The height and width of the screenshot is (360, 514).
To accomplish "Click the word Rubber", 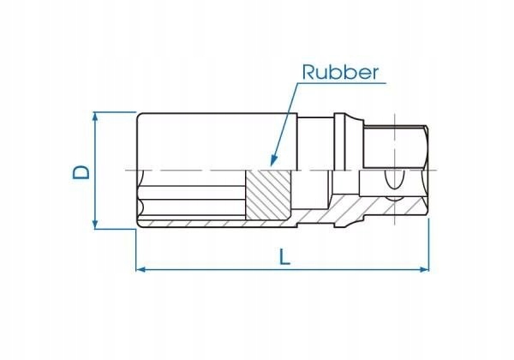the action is click(x=340, y=72).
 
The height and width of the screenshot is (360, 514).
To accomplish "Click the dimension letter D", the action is click(x=81, y=171).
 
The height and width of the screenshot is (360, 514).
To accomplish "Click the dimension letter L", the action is click(x=284, y=257).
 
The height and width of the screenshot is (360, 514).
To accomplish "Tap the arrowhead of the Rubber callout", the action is click(x=273, y=160).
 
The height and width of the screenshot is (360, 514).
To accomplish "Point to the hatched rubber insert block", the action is click(x=268, y=195).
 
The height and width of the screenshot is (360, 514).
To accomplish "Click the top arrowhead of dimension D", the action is click(x=95, y=117).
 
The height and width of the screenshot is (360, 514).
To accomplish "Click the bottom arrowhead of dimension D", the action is click(x=95, y=225).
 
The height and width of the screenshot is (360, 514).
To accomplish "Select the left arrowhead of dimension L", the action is click(x=140, y=269).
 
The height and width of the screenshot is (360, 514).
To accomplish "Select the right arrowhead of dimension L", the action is click(x=425, y=269).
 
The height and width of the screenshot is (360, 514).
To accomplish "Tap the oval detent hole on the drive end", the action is click(x=394, y=179).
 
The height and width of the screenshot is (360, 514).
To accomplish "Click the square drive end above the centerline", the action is click(x=396, y=147).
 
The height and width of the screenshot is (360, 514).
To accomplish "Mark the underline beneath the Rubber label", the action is click(x=342, y=83).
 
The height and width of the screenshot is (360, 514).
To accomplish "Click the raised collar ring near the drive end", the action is click(x=339, y=141).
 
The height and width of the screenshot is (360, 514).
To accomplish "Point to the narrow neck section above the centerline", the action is click(x=315, y=144).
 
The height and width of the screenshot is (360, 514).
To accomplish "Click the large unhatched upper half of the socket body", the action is click(x=217, y=141).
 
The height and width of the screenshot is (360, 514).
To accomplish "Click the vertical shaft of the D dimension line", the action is click(x=95, y=171).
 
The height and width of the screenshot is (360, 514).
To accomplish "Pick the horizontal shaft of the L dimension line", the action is click(x=283, y=269).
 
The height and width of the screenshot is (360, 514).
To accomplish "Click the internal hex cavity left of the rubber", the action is click(x=192, y=194).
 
